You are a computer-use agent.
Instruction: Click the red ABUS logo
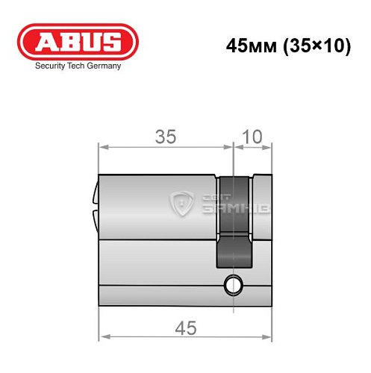[72, 42]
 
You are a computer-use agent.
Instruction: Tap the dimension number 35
[166, 136]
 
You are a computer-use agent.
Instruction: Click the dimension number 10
[254, 136]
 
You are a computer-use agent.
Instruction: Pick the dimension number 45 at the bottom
[186, 326]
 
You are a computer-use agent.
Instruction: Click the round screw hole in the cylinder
[233, 283]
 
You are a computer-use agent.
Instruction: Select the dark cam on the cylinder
[234, 224]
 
